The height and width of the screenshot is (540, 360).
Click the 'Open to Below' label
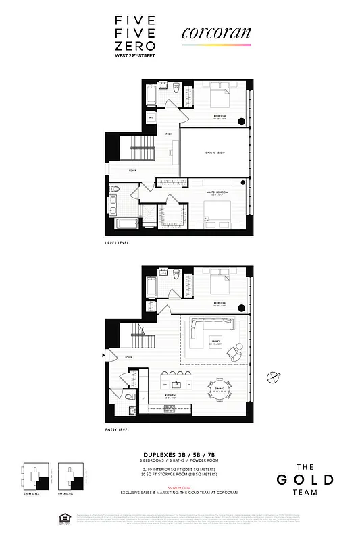[x=214, y=154]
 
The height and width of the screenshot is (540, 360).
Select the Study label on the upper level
[x=168, y=134]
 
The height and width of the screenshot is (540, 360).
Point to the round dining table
[x=218, y=391]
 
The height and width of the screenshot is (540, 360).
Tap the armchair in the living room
[x=234, y=351]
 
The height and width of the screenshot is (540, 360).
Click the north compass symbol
[x=272, y=377]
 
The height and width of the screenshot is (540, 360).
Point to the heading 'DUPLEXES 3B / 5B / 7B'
[x=180, y=456]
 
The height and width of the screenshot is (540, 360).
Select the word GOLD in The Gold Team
[x=305, y=480]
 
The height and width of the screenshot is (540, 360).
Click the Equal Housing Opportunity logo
[x=67, y=520]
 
